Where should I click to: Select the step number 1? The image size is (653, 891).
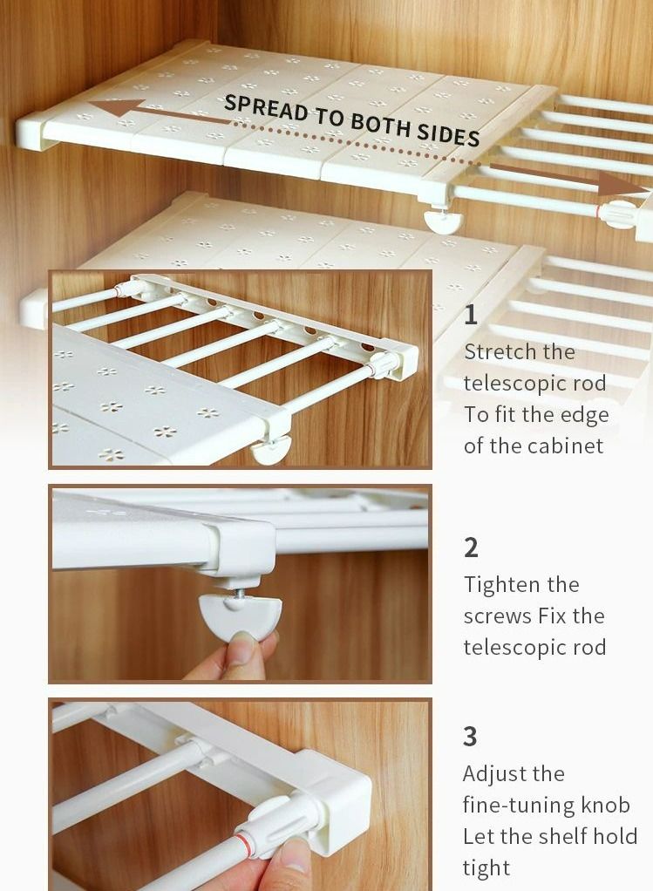coord(471,315)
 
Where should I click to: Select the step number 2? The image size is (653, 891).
coord(471,548)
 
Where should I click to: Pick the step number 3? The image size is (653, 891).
coord(471,737)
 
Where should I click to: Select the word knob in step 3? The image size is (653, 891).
coord(607,806)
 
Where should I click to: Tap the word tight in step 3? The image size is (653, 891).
coord(486,868)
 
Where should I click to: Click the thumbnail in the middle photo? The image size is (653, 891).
coord(242,650)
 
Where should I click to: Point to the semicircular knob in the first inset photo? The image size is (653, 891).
coord(273,451)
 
